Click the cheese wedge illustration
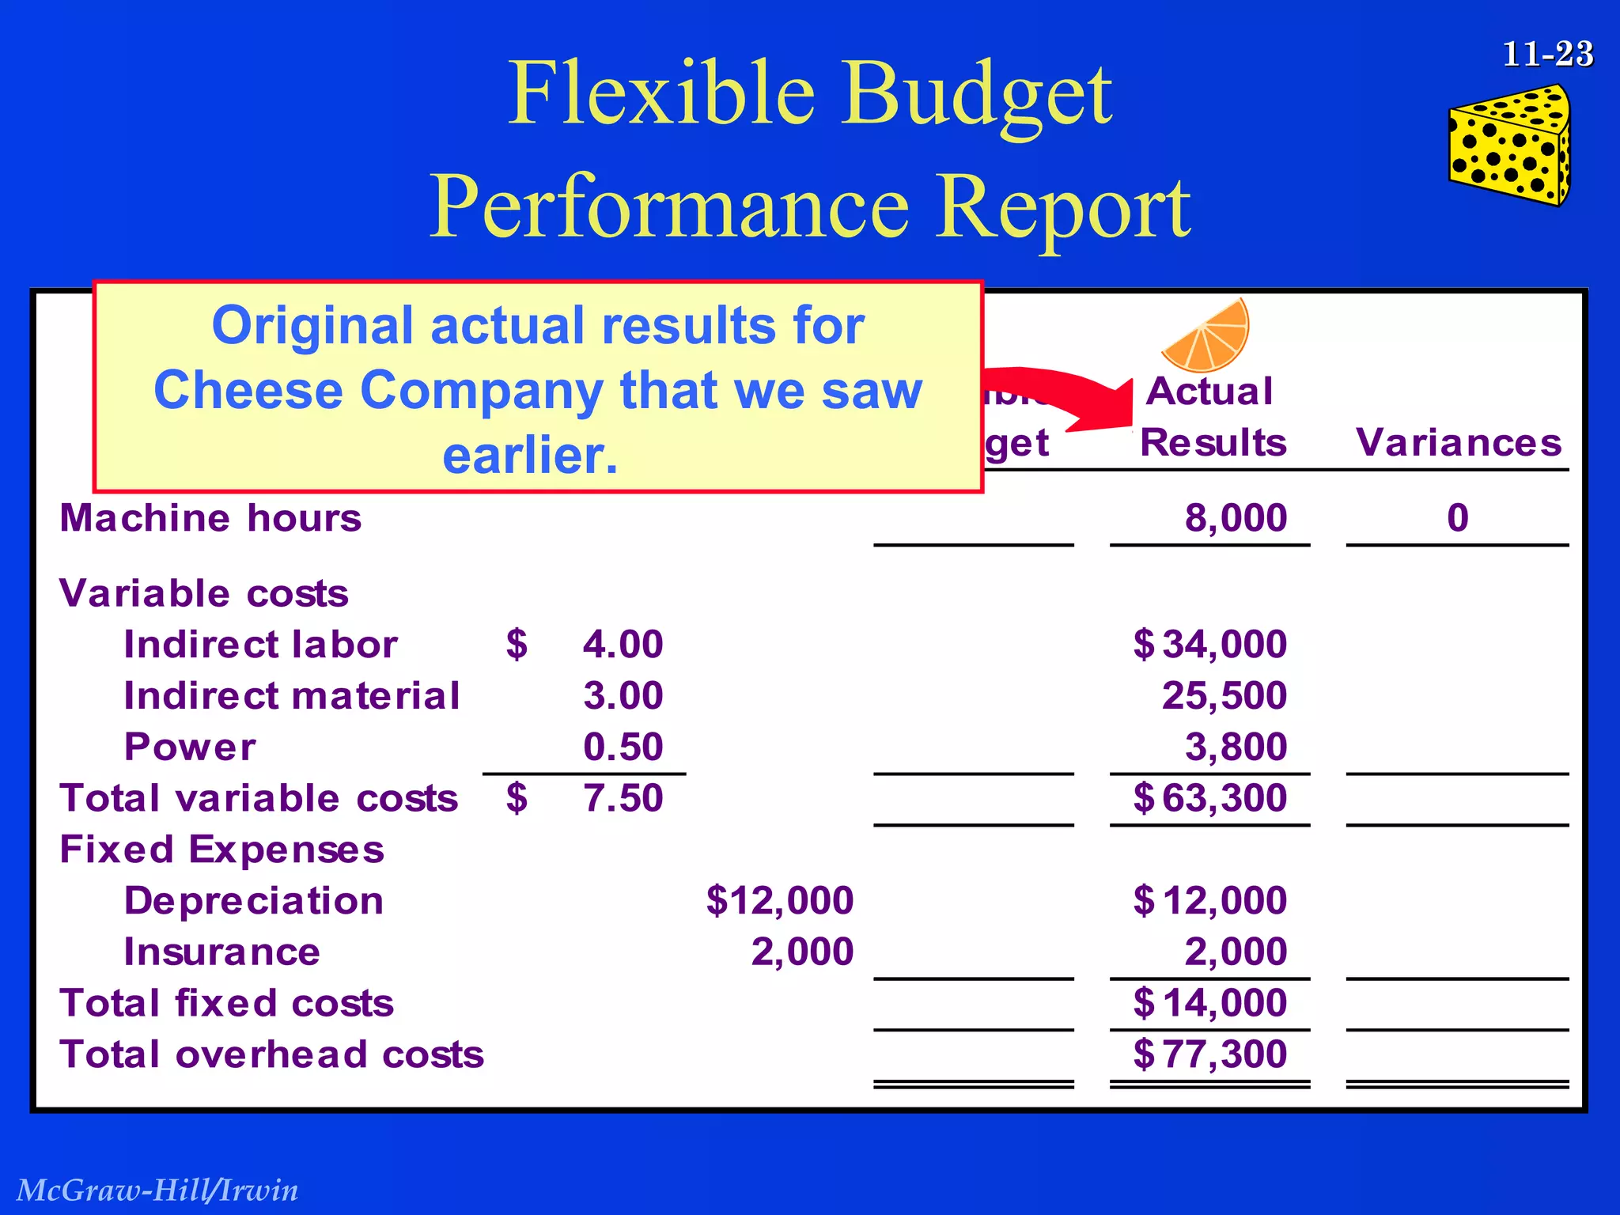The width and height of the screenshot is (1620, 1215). coord(1508,147)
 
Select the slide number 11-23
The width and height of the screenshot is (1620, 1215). coord(1547,54)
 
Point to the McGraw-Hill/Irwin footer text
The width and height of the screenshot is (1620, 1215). coord(157,1190)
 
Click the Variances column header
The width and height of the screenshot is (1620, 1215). coord(1458,442)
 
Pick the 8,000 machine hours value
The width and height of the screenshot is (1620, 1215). coord(1236,518)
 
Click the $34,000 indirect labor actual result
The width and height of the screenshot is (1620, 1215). coord(1209,644)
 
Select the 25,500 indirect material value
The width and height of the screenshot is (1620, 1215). coord(1224,695)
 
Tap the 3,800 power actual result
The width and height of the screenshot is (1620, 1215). coord(1236,747)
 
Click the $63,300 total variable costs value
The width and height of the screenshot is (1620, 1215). coord(1209,798)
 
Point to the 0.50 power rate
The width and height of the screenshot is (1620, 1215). coord(623,747)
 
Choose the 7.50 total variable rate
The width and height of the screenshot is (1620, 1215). coord(623,798)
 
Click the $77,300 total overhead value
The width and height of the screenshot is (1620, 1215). coord(1209,1054)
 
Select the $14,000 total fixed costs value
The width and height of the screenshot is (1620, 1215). coord(1209,1003)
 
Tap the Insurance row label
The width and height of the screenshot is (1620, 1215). coord(221,952)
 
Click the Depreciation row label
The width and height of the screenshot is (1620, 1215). coord(253,901)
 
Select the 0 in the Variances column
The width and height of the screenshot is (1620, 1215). coord(1457,518)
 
